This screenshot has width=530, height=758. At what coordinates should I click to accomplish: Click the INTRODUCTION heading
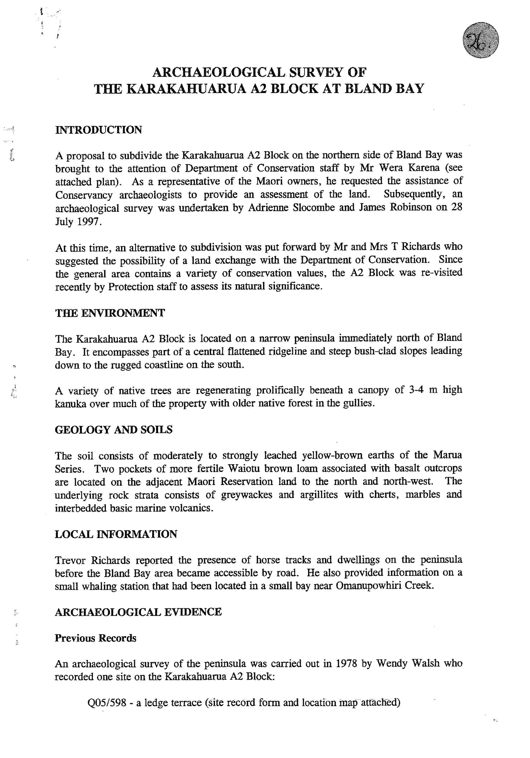(98, 130)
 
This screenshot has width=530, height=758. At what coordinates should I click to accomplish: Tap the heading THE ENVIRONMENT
(110, 313)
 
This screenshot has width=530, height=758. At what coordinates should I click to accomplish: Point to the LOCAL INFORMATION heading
(116, 534)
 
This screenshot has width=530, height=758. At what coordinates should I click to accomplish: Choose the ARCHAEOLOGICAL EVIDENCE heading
(138, 612)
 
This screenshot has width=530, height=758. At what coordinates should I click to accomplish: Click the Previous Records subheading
(95, 638)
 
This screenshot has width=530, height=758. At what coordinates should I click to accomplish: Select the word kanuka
(68, 404)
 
